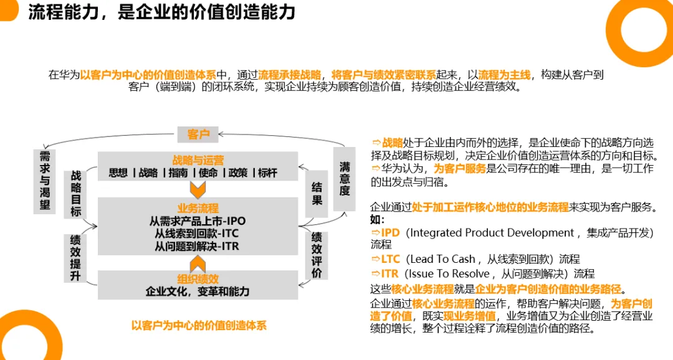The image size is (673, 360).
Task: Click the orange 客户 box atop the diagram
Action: point(198,133)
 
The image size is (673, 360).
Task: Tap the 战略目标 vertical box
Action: point(76,194)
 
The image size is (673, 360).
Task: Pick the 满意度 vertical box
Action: point(345,179)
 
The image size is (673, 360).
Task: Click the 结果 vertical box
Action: point(317,193)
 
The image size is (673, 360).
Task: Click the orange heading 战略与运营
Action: point(198,160)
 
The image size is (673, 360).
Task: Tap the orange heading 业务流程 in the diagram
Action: point(198,208)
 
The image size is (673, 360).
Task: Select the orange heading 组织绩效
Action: point(198,278)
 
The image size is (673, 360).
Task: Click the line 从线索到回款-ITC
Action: point(197,234)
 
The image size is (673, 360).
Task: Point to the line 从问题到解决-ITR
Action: point(197,246)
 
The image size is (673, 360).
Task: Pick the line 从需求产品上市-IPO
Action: point(197,221)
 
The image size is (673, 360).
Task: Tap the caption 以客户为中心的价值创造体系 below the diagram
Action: point(199,325)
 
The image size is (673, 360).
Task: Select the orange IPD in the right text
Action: point(390,232)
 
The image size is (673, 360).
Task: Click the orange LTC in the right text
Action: point(390,259)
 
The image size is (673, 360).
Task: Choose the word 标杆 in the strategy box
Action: point(267,173)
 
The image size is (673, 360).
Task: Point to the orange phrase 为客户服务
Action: point(461,168)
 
